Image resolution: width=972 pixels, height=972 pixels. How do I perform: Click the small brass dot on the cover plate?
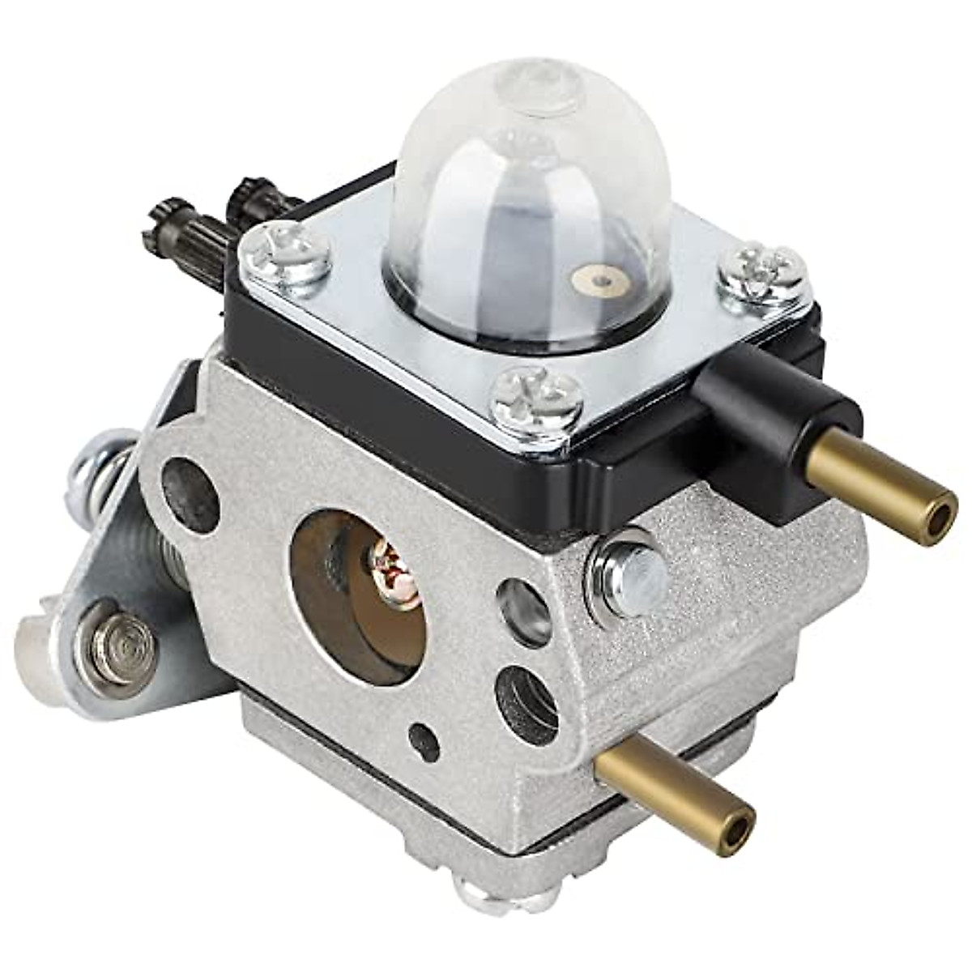tap(597, 280)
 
